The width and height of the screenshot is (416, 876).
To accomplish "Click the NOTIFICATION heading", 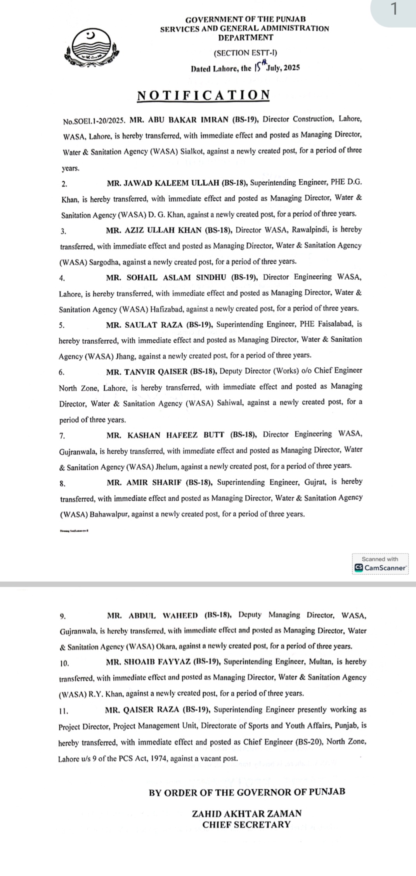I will point(203,95).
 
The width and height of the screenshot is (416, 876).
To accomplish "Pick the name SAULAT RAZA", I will point(154,325).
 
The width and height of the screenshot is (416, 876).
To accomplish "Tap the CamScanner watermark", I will point(380,564).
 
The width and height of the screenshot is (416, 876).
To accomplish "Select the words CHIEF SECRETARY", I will point(246,825).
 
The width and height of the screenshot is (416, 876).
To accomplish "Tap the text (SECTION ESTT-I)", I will point(245,53).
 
